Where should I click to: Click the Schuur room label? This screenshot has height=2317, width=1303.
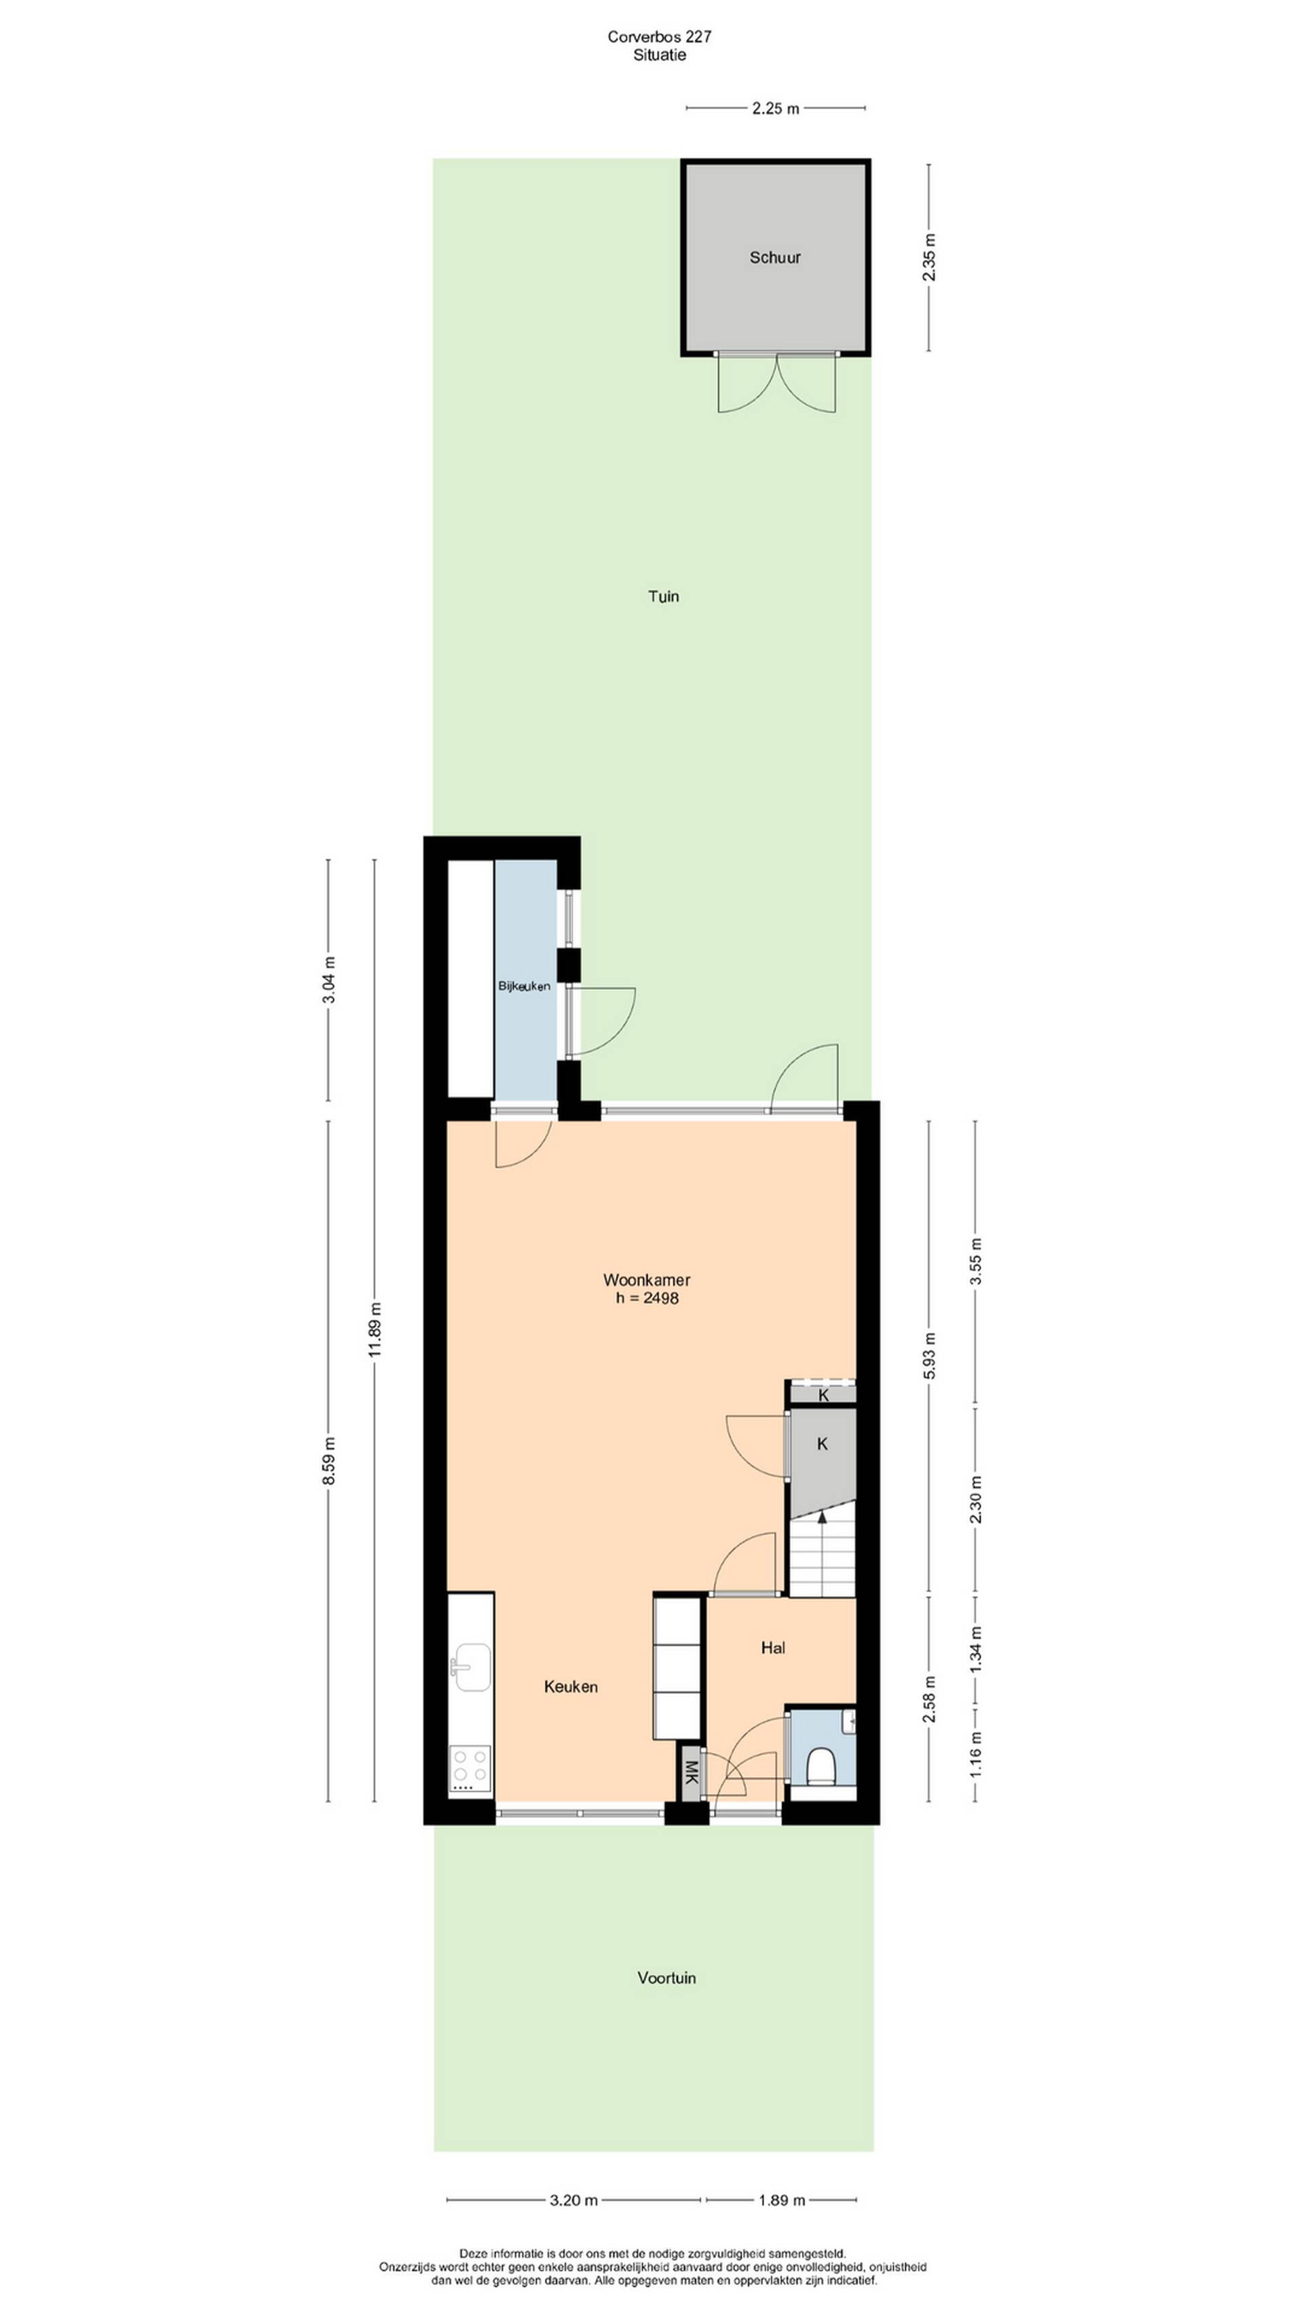pos(774,257)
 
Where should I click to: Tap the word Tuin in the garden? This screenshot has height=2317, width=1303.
pos(664,596)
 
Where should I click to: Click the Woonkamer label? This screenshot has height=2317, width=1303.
pos(647,1280)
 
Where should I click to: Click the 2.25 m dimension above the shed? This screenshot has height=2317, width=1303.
pos(775,109)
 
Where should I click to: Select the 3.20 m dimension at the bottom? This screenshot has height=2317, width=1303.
pos(573,2193)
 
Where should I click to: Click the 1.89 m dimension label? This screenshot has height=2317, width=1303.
pos(781,2193)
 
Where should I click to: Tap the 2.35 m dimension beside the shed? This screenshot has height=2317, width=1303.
pos(930,257)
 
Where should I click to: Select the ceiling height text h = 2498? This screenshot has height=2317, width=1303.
pos(647,1298)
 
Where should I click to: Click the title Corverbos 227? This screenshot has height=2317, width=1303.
pos(659,37)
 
